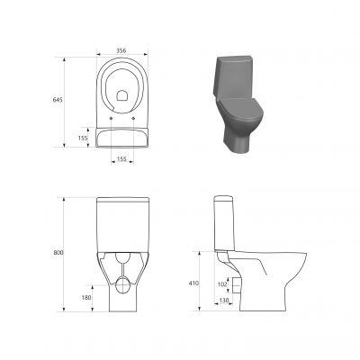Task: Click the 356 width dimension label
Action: [121, 50]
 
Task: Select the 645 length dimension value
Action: [58, 100]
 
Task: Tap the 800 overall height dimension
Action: [58, 253]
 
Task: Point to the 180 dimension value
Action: [86, 298]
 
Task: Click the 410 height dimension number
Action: [193, 283]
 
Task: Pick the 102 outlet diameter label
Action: [222, 284]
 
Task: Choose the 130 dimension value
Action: [224, 300]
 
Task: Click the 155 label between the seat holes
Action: [121, 159]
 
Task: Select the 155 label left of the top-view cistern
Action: [83, 138]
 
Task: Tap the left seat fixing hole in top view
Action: [112, 118]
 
